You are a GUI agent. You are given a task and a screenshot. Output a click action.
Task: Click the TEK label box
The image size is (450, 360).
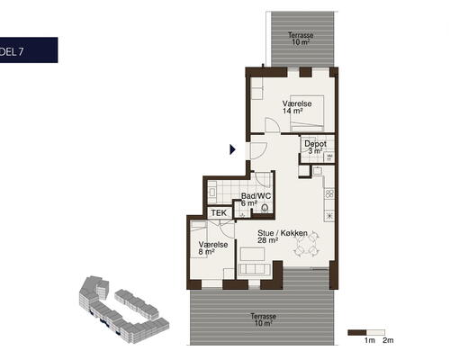pyautogui.click(x=220, y=213)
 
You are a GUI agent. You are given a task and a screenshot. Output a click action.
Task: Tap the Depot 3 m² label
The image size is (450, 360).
pyautogui.click(x=315, y=148)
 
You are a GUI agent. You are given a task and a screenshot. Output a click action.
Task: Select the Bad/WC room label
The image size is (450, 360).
pyautogui.click(x=256, y=200)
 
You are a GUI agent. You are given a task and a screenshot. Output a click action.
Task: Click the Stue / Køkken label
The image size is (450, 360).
pyautogui.click(x=283, y=237)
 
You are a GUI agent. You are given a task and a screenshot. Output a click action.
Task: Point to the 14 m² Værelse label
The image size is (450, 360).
pyautogui.click(x=297, y=107)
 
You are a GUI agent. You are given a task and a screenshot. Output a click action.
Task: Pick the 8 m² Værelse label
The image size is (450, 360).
pyautogui.click(x=213, y=248)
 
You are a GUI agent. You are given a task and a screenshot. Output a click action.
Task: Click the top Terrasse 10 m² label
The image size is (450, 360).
pyautogui.click(x=301, y=39)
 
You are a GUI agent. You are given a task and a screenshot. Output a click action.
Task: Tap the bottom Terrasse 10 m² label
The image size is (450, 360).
pyautogui.click(x=264, y=319)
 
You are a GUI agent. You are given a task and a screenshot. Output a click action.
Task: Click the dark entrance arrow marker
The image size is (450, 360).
pyautogui.click(x=232, y=149)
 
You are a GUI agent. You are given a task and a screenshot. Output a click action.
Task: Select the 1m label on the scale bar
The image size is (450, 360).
pyautogui.click(x=370, y=340)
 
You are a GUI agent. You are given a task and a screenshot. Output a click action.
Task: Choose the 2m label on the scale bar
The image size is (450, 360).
pyautogui.click(x=388, y=340)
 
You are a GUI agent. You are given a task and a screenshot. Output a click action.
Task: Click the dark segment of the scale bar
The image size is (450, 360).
pyautogui.click(x=357, y=332)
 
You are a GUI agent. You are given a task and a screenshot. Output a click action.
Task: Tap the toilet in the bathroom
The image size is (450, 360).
pyautogui.click(x=265, y=208)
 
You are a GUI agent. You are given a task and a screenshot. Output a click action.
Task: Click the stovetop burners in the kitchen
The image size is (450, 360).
pyautogui.click(x=329, y=193)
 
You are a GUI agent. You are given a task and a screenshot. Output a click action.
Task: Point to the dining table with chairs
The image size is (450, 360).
pyautogui.click(x=306, y=243)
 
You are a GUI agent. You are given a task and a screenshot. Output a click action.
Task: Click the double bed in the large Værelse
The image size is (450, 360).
pyautogui.click(x=307, y=113)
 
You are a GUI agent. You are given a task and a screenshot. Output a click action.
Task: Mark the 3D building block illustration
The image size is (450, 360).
pyautogui.click(x=124, y=309)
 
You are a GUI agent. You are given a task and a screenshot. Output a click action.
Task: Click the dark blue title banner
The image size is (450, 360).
pyautogui.click(x=29, y=50)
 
